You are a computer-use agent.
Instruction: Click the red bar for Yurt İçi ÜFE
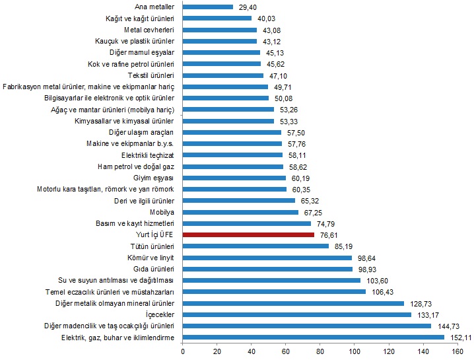(x=248, y=234)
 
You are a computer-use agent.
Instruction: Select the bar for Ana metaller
(x=208, y=7)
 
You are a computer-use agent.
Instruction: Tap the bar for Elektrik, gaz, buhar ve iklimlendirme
(x=313, y=338)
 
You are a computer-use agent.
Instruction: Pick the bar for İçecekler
(x=296, y=314)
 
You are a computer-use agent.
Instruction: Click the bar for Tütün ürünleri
(x=255, y=246)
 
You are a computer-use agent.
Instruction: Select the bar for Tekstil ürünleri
(x=223, y=75)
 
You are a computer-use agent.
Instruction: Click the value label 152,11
(x=459, y=338)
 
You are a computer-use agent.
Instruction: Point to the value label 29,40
(x=248, y=7)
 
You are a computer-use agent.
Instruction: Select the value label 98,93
(x=368, y=270)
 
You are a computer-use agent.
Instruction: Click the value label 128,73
(x=419, y=303)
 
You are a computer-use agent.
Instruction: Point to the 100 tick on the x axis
(x=355, y=351)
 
